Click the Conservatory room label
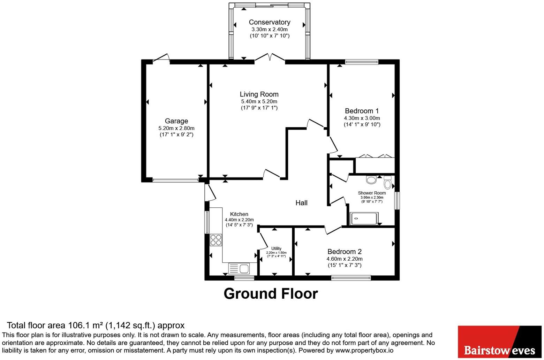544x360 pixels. click(270, 22)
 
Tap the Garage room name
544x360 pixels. click(176, 121)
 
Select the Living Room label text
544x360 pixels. click(259, 94)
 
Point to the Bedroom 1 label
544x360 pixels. click(362, 111)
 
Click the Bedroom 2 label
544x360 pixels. click(345, 252)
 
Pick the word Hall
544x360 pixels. click(301, 203)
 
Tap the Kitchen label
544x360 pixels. click(239, 214)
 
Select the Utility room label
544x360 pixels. click(277, 248)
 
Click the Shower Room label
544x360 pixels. click(372, 193)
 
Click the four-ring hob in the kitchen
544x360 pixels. click(216, 240)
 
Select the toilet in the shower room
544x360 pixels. click(388, 183)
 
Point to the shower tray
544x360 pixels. click(364, 219)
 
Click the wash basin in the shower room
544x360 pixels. click(371, 179)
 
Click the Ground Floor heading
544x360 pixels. click(271, 294)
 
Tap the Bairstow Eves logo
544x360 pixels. click(500, 342)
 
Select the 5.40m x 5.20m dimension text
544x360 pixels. click(259, 101)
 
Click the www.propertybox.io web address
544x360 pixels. click(364, 351)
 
